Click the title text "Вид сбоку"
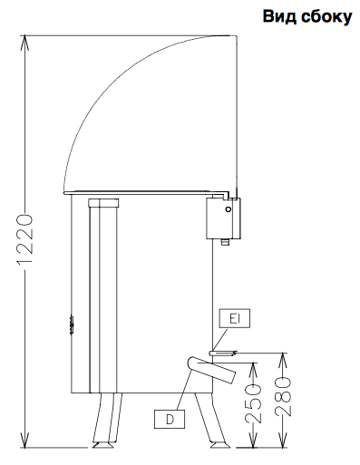(307, 16)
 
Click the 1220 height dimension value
(24, 239)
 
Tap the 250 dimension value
(253, 403)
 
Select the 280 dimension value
(283, 396)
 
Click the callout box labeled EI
(235, 318)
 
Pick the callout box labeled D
(170, 419)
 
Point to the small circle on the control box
(229, 209)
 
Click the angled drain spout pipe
(211, 370)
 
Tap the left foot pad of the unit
(102, 445)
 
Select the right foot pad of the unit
(219, 445)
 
